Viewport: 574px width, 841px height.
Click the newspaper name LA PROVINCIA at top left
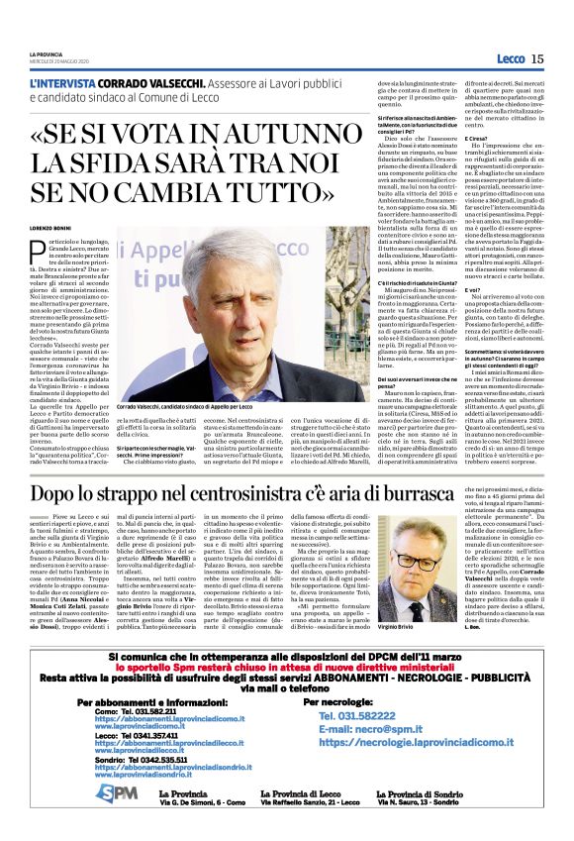pos(45,53)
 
